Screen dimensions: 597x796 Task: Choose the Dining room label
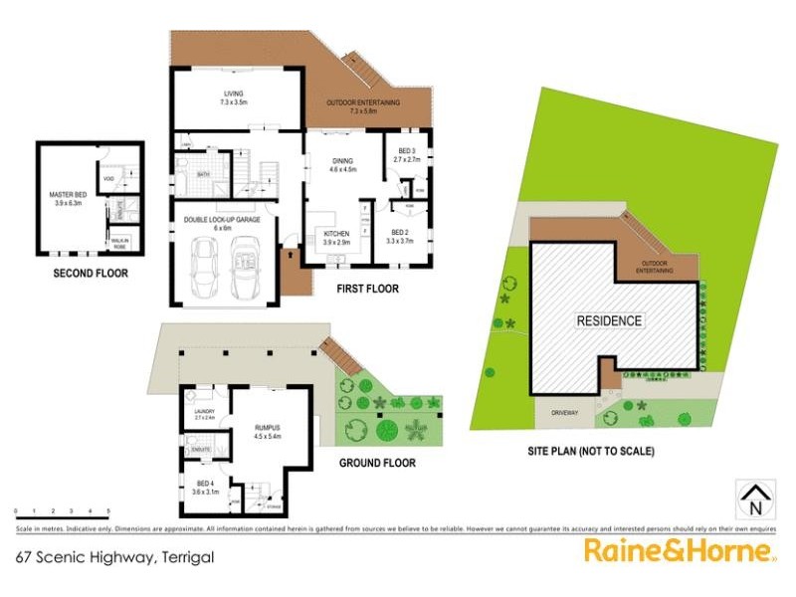point(342,165)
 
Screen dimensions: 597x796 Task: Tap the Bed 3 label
point(408,154)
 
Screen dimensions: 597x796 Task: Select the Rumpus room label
point(269,432)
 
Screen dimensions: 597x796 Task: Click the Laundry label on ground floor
point(205,413)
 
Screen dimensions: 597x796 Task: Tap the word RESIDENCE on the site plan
point(610,321)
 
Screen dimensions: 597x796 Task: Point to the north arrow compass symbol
point(753,498)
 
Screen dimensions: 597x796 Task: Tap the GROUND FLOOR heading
point(377,463)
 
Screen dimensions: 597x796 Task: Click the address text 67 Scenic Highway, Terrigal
point(116,558)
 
